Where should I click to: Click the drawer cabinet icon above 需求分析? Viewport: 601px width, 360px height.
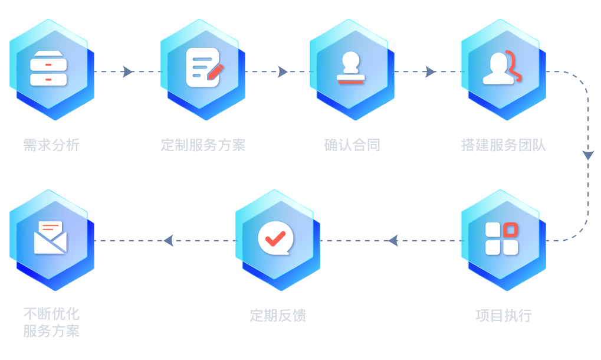tap(48, 68)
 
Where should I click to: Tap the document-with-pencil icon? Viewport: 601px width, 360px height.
tap(203, 67)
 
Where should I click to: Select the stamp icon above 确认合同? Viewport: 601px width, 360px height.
tap(351, 67)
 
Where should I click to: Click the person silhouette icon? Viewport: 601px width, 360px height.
tap(501, 68)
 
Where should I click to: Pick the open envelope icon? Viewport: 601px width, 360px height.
tap(50, 237)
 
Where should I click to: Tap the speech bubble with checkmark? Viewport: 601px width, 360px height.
tap(275, 238)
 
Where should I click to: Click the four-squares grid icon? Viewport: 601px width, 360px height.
tap(501, 238)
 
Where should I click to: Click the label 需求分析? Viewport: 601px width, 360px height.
tap(51, 145)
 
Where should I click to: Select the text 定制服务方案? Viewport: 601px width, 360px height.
tap(203, 145)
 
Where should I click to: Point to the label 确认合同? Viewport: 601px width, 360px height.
tap(352, 145)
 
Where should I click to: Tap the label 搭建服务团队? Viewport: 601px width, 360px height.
tap(504, 145)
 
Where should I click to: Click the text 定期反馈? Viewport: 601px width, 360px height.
tap(278, 315)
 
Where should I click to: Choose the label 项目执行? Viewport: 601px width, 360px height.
tap(504, 315)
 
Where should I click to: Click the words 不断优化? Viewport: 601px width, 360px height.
tap(51, 313)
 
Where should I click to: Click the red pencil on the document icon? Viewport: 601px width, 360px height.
tap(215, 71)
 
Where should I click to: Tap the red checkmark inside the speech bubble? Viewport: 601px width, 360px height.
tap(275, 237)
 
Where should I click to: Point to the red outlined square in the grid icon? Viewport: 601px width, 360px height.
tap(511, 229)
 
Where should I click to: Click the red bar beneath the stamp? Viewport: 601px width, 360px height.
tap(351, 81)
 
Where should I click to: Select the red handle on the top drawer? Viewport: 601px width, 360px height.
tap(48, 60)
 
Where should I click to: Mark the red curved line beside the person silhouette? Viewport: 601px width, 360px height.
tap(515, 66)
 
